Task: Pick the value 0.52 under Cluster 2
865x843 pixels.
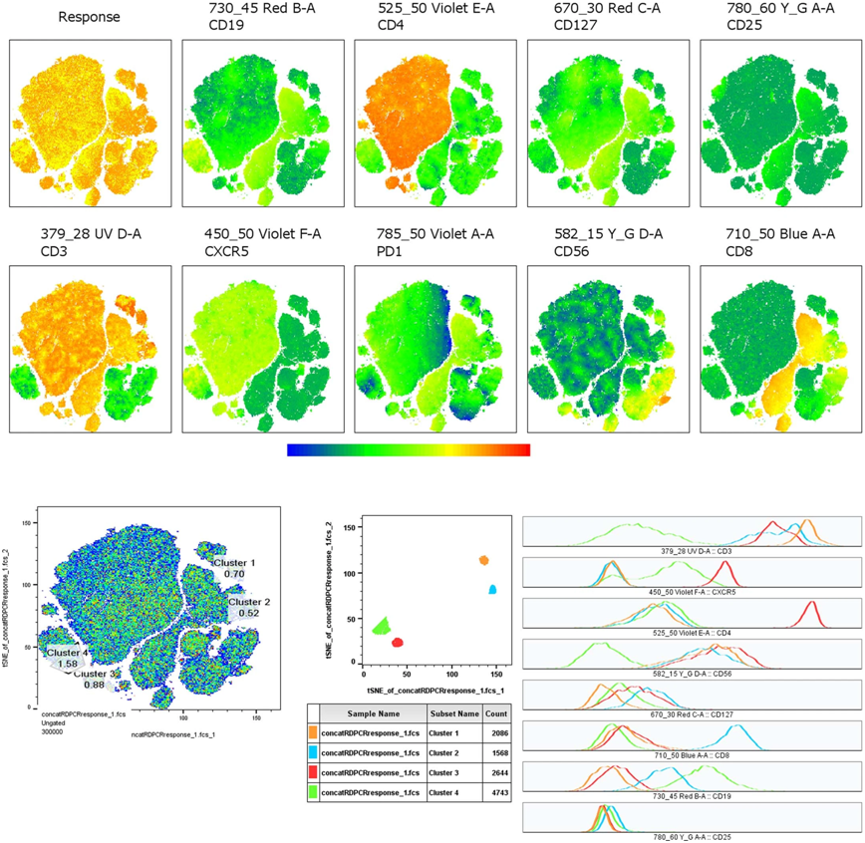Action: pos(248,614)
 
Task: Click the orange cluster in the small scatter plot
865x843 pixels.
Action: pos(484,560)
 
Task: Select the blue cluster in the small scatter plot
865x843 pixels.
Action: pos(492,590)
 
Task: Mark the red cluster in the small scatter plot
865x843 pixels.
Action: pos(398,643)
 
